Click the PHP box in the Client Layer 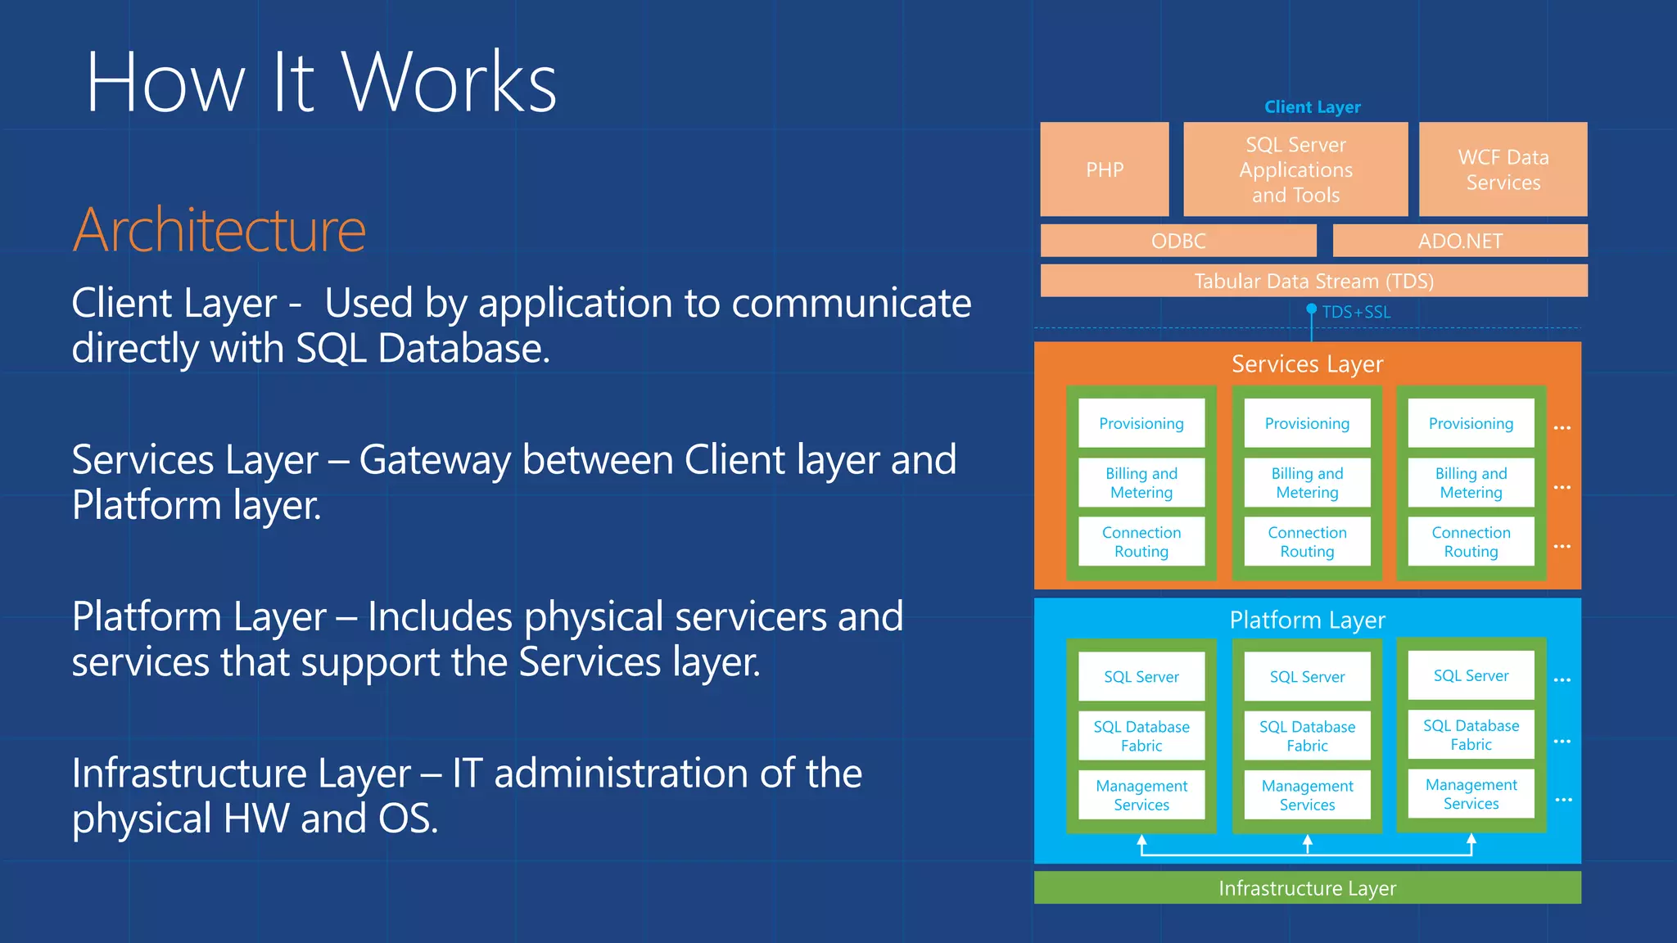pos(1104,169)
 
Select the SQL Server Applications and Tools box pos(1295,169)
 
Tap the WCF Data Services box pos(1503,169)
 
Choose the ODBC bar pos(1178,241)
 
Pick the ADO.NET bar pos(1460,241)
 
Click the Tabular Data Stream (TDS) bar pos(1313,281)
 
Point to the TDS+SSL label pos(1356,312)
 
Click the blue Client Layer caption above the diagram pos(1312,107)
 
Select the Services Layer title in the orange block pos(1307,363)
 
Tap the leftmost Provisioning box pos(1141,423)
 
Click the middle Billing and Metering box pos(1307,483)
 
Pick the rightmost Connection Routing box pos(1471,542)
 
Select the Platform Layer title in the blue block pos(1307,620)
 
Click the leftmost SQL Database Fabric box pos(1141,736)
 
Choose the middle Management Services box pos(1307,795)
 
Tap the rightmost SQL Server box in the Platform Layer pos(1471,675)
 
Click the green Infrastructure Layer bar pos(1307,888)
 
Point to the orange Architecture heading pos(219,230)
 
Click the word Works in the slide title pos(449,82)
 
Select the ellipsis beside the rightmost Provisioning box pos(1562,428)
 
